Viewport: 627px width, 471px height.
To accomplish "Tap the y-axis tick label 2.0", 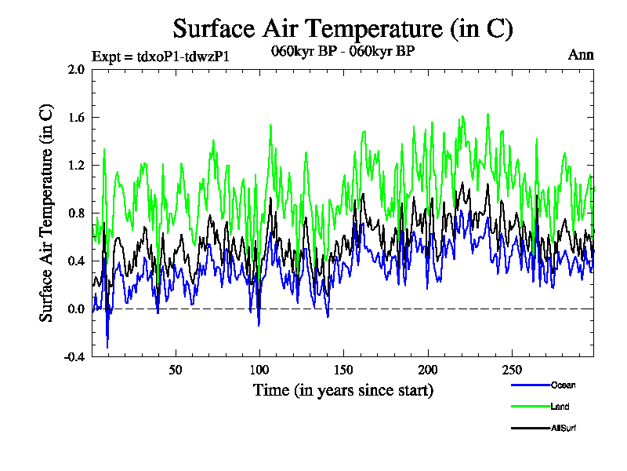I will point(76,69).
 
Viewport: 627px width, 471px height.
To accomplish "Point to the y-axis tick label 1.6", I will point(76,117).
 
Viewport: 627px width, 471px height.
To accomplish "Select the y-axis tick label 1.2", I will point(76,165).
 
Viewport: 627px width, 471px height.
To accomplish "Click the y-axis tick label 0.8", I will point(76,213).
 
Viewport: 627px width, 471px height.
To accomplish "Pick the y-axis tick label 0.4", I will point(76,261).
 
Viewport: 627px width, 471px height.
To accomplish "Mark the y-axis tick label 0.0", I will point(76,309).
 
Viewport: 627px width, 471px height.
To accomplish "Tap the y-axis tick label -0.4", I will point(74,356).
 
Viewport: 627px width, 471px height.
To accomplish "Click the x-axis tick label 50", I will point(176,370).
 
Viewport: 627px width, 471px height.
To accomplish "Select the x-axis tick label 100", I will point(259,370).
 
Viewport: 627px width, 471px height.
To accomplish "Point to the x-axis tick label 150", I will point(343,370).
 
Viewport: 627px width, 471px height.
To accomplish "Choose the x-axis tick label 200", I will point(427,370).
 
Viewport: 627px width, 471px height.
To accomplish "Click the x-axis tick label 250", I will point(511,370).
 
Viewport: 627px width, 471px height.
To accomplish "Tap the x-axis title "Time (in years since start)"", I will point(342,389).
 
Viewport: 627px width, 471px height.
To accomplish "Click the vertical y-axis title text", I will point(47,213).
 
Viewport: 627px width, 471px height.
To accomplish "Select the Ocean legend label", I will point(563,385).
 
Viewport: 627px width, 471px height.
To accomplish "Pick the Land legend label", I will point(560,407).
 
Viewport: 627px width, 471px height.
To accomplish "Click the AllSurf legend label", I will point(564,428).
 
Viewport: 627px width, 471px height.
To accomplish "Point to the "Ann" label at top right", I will point(581,55).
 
